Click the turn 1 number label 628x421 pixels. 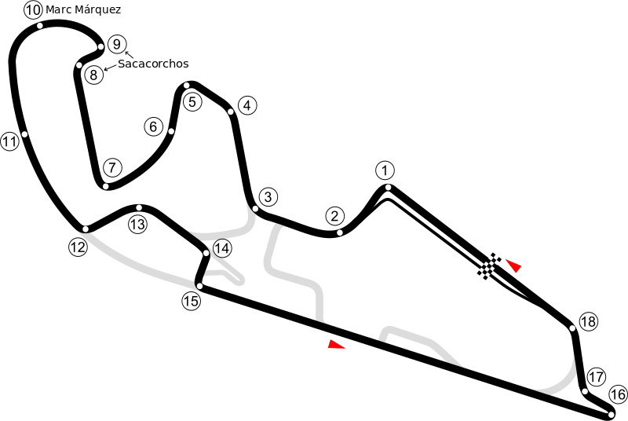point(384,170)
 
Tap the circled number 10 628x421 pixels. point(33,10)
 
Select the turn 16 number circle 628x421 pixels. point(618,394)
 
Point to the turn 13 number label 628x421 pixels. point(138,225)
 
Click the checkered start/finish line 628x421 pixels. point(490,267)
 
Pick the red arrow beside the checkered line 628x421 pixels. point(513,265)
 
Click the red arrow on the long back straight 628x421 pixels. point(337,343)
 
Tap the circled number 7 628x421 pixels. point(112,167)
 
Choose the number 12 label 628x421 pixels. point(77,247)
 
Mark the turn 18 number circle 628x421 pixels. point(588,322)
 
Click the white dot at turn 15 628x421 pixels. point(199,286)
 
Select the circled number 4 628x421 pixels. point(246,105)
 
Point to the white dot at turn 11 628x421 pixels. point(25,134)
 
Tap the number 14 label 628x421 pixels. point(222,248)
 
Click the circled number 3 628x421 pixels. point(268,196)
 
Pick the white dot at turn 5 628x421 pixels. point(187,85)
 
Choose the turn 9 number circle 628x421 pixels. point(116,44)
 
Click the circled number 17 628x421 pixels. point(597,376)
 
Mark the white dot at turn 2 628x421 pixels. point(339,232)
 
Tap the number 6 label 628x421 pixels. point(153,126)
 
